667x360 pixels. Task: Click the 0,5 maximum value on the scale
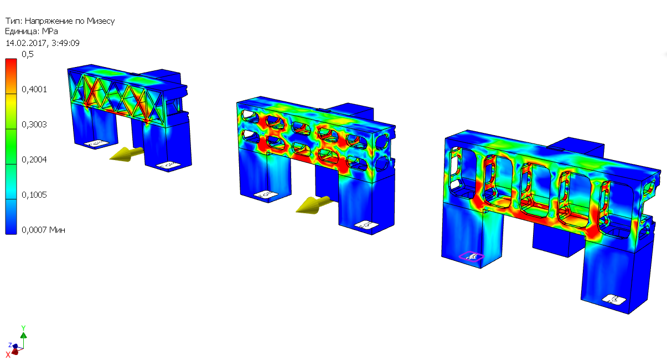(x=27, y=54)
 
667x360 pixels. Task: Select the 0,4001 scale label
(x=34, y=89)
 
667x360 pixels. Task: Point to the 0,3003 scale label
(x=34, y=124)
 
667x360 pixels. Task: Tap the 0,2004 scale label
(x=34, y=160)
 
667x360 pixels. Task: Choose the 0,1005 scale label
(x=34, y=195)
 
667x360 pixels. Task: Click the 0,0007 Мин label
(x=43, y=230)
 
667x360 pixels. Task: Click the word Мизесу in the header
(x=101, y=21)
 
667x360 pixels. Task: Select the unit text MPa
(x=50, y=31)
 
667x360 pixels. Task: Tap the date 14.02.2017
(x=27, y=43)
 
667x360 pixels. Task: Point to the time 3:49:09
(x=65, y=43)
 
